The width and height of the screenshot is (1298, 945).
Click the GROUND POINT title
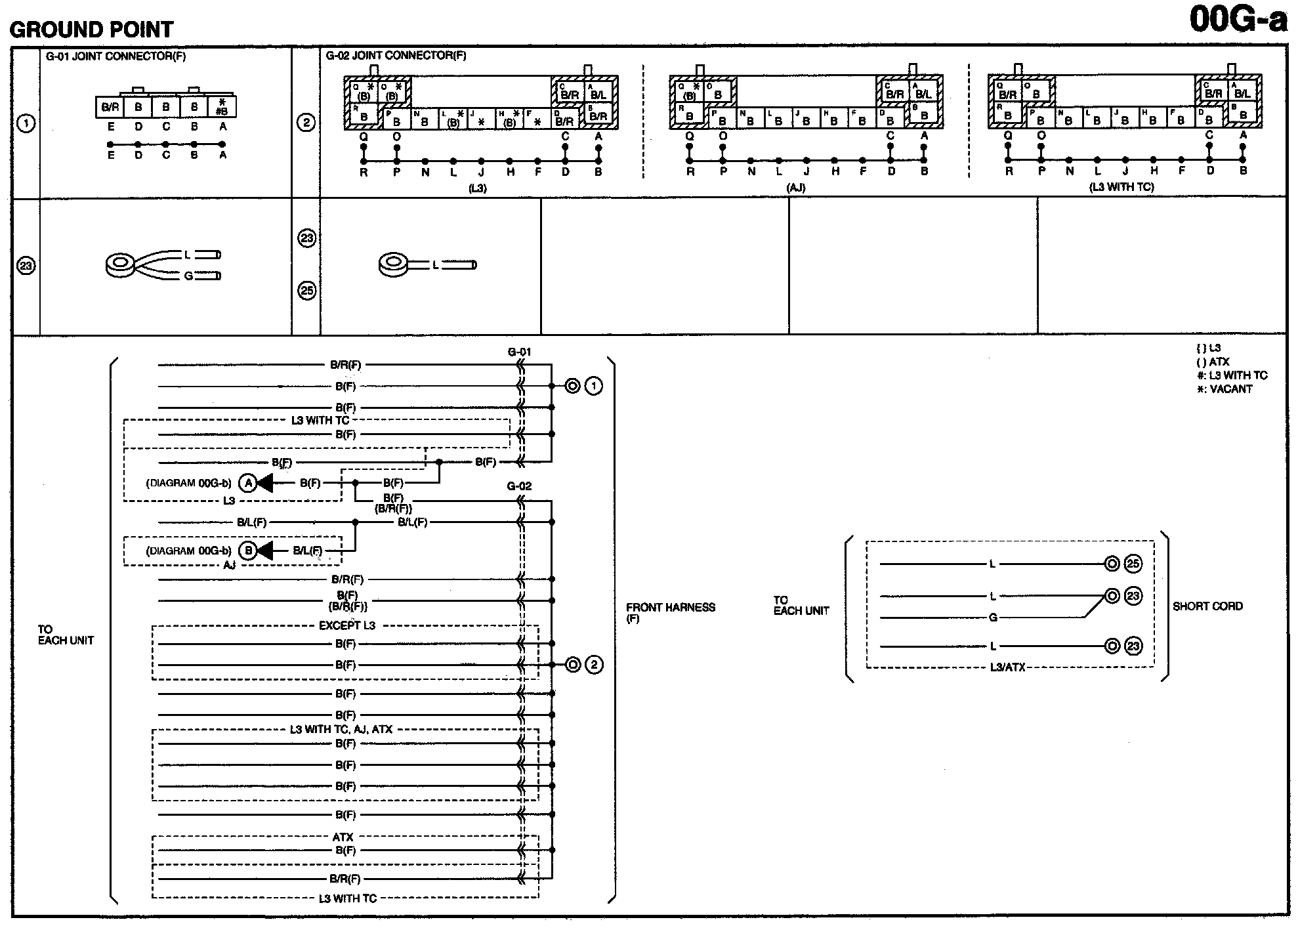91,30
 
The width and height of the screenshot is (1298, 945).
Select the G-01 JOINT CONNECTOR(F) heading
115,56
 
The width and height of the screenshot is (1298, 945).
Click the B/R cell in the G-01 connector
110,107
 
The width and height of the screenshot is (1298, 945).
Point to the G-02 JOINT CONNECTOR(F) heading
396,56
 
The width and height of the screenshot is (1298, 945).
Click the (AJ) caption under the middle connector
795,188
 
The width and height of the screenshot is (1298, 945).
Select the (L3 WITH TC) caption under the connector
1121,187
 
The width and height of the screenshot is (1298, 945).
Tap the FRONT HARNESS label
670,608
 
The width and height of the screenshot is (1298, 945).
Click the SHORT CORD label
1207,606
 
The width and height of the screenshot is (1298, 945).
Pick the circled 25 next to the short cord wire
1133,564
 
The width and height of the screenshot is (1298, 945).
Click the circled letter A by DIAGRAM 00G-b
247,484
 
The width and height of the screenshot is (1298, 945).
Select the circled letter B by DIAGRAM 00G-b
247,551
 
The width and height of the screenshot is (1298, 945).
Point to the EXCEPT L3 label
346,625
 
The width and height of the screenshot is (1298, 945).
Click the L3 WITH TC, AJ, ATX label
341,729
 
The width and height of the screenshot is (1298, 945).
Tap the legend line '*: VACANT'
1225,389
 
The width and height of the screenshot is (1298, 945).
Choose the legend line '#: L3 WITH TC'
1232,375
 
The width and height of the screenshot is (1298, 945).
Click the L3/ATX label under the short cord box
1007,668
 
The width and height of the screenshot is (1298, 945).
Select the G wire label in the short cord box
993,618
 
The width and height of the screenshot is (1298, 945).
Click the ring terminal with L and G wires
120,265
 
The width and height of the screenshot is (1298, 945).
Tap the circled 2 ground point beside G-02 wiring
594,665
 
